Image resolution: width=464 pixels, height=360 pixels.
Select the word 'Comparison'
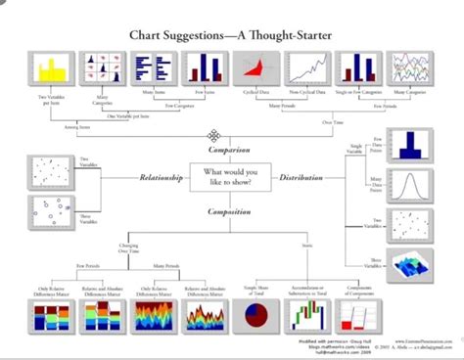tap(228, 151)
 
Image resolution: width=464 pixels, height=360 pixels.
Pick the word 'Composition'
tap(228, 210)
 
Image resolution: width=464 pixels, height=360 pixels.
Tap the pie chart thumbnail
tap(257, 318)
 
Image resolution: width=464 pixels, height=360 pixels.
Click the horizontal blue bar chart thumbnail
tap(154, 67)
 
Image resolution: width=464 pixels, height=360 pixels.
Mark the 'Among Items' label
tap(48, 125)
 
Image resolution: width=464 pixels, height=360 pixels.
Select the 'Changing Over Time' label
tap(129, 248)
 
